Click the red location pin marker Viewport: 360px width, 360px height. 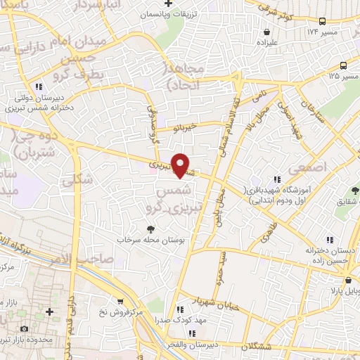coord(181,165)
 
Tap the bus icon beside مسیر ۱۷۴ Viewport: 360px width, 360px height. coord(321,21)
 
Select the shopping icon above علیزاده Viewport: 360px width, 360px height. coord(267,32)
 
